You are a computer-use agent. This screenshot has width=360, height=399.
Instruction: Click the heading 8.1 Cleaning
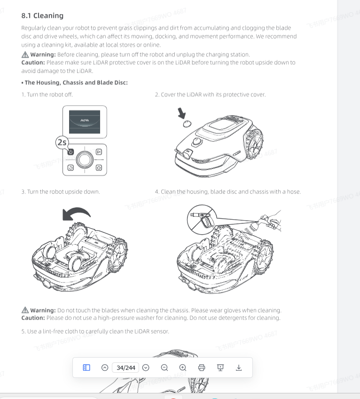pyautogui.click(x=42, y=16)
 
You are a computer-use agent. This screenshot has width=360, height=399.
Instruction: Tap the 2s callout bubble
pyautogui.click(x=62, y=142)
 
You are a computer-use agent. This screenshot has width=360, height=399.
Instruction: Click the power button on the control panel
pyautogui.click(x=70, y=152)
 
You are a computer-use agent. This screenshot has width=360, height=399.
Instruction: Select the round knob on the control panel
pyautogui.click(x=85, y=160)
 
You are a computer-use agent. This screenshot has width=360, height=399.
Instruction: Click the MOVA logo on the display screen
pyautogui.click(x=85, y=120)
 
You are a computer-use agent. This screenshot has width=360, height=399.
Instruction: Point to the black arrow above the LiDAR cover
pyautogui.click(x=182, y=113)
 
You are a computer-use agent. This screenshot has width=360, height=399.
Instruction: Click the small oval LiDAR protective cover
pyautogui.click(x=187, y=124)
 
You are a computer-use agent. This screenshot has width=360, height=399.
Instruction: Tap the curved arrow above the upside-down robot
pyautogui.click(x=76, y=213)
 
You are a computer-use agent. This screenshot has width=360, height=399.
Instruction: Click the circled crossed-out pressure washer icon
pyautogui.click(x=202, y=220)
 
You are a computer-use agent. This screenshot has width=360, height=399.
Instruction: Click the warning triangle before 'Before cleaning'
pyautogui.click(x=25, y=54)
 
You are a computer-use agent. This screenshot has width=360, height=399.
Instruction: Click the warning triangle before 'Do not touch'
pyautogui.click(x=25, y=310)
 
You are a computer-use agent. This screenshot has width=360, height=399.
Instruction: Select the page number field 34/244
pyautogui.click(x=125, y=368)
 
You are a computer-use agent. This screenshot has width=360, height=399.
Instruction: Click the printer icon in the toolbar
pyautogui.click(x=202, y=368)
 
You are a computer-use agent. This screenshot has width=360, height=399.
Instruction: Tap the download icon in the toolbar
pyautogui.click(x=239, y=368)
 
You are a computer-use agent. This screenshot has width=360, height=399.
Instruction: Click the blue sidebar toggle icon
pyautogui.click(x=86, y=368)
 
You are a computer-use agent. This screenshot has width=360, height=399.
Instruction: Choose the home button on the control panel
pyautogui.click(x=99, y=168)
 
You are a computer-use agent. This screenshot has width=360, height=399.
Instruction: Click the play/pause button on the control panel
pyautogui.click(x=99, y=152)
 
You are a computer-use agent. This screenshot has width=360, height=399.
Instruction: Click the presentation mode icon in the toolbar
pyautogui.click(x=220, y=368)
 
